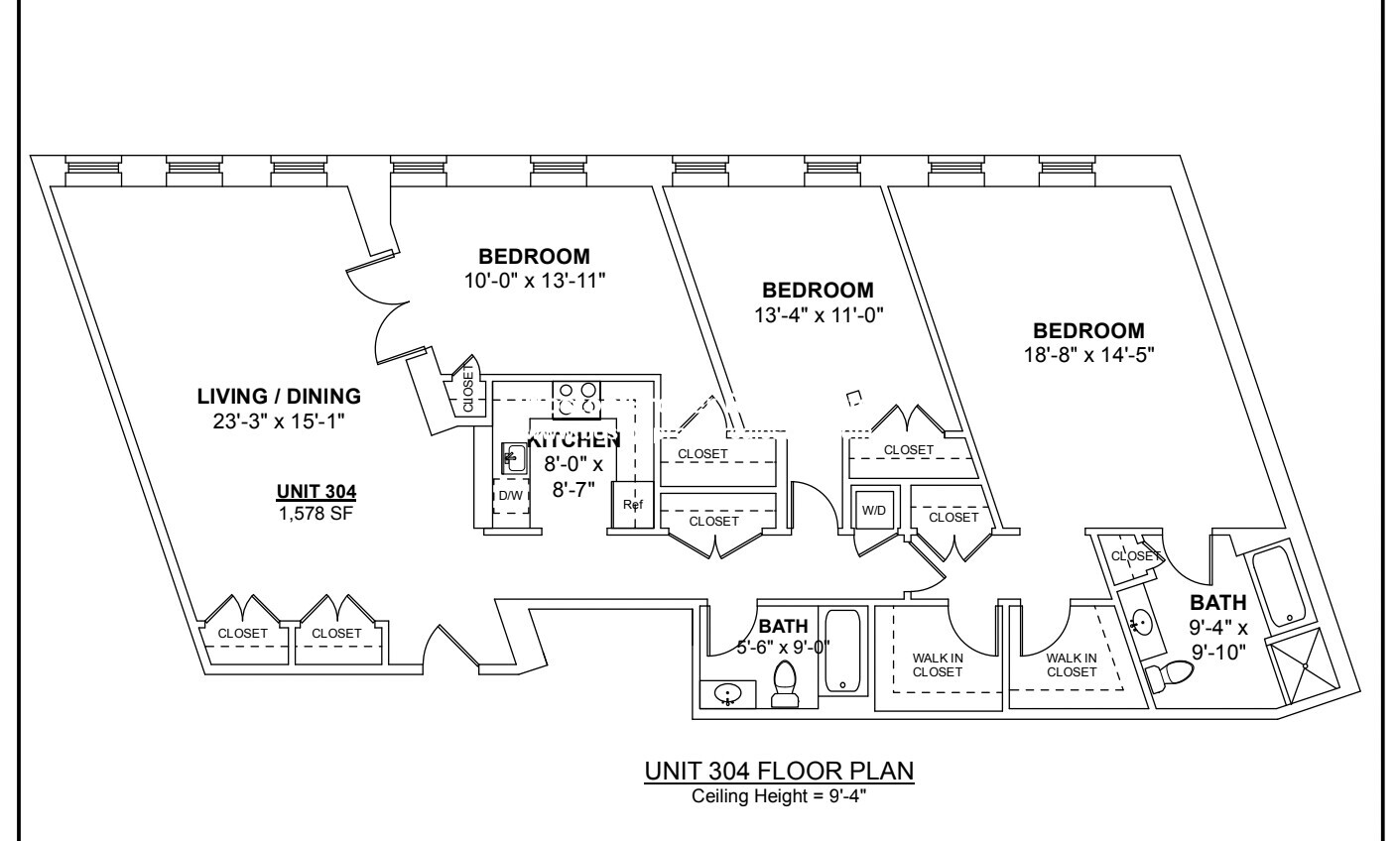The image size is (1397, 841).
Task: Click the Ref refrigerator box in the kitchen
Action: (x=632, y=505)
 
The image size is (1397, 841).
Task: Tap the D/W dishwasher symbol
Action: (x=511, y=496)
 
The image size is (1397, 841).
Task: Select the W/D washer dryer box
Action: (x=874, y=511)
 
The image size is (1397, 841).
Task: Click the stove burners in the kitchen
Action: (x=576, y=398)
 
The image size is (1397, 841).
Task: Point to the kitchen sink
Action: (x=515, y=458)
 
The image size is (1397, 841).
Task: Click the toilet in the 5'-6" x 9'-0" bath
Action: (x=785, y=684)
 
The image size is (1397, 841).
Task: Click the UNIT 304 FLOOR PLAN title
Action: (x=778, y=771)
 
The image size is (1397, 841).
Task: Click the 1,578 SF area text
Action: (x=317, y=511)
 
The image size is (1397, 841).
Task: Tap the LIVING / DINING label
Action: (x=279, y=397)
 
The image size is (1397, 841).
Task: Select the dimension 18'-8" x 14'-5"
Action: (x=1088, y=352)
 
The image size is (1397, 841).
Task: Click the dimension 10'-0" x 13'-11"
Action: (x=535, y=280)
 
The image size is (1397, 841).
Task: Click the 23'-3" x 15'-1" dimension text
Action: (x=279, y=420)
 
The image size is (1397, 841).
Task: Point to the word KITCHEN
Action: (x=575, y=440)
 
